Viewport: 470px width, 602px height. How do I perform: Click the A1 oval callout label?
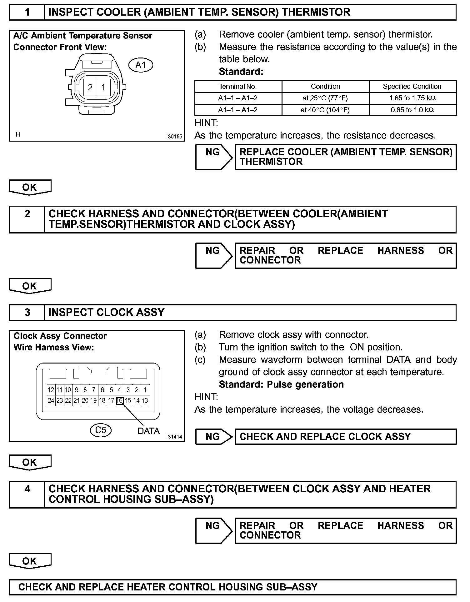point(141,65)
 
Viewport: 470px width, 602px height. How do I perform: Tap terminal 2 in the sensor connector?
point(90,87)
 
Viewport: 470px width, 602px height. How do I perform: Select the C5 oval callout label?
point(101,430)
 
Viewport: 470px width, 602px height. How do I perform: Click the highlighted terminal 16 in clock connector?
point(120,400)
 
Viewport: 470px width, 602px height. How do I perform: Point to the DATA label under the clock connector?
point(148,431)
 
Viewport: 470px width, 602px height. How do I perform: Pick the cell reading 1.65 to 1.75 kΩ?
point(412,98)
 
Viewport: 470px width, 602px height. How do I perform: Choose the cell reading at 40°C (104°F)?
point(325,110)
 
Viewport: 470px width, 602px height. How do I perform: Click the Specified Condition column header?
point(412,86)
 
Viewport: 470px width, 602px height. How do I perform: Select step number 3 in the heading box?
point(27,312)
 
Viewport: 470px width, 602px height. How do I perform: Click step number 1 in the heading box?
point(27,12)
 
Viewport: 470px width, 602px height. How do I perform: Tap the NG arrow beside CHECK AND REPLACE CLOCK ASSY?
point(214,436)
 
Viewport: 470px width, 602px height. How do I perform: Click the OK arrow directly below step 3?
point(30,462)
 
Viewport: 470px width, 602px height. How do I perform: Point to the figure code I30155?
point(174,137)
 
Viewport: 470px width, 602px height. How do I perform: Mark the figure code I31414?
point(174,437)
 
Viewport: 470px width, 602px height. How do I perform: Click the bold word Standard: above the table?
point(241,72)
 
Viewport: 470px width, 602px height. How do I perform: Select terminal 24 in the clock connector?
point(51,400)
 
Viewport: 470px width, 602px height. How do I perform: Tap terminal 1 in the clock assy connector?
point(145,390)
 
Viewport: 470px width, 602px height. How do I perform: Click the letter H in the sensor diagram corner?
point(18,134)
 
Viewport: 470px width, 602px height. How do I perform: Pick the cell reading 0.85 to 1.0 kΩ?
point(412,110)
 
